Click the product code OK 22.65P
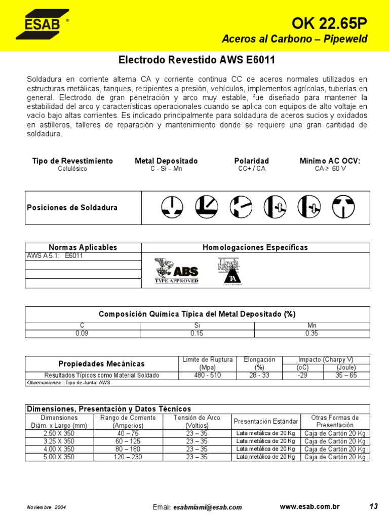pyautogui.click(x=329, y=23)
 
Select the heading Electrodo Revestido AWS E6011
pyautogui.click(x=197, y=60)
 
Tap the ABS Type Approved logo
pyautogui.click(x=176, y=271)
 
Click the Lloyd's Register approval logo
pyautogui.click(x=229, y=271)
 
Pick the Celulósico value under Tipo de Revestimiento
pyautogui.click(x=72, y=169)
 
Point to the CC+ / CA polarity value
pyautogui.click(x=252, y=169)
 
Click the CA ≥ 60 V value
pyautogui.click(x=330, y=169)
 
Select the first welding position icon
pyautogui.click(x=172, y=207)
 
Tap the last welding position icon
pyautogui.click(x=343, y=207)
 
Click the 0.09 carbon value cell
pyautogui.click(x=82, y=333)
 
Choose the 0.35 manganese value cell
pyautogui.click(x=312, y=333)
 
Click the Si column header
pyautogui.click(x=197, y=326)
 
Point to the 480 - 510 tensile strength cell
pyautogui.click(x=208, y=376)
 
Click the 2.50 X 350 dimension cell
pyautogui.click(x=59, y=433)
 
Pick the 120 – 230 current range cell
pyautogui.click(x=130, y=457)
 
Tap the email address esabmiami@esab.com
pyautogui.click(x=207, y=507)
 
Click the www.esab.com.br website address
pyautogui.click(x=309, y=507)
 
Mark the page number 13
pyautogui.click(x=374, y=506)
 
